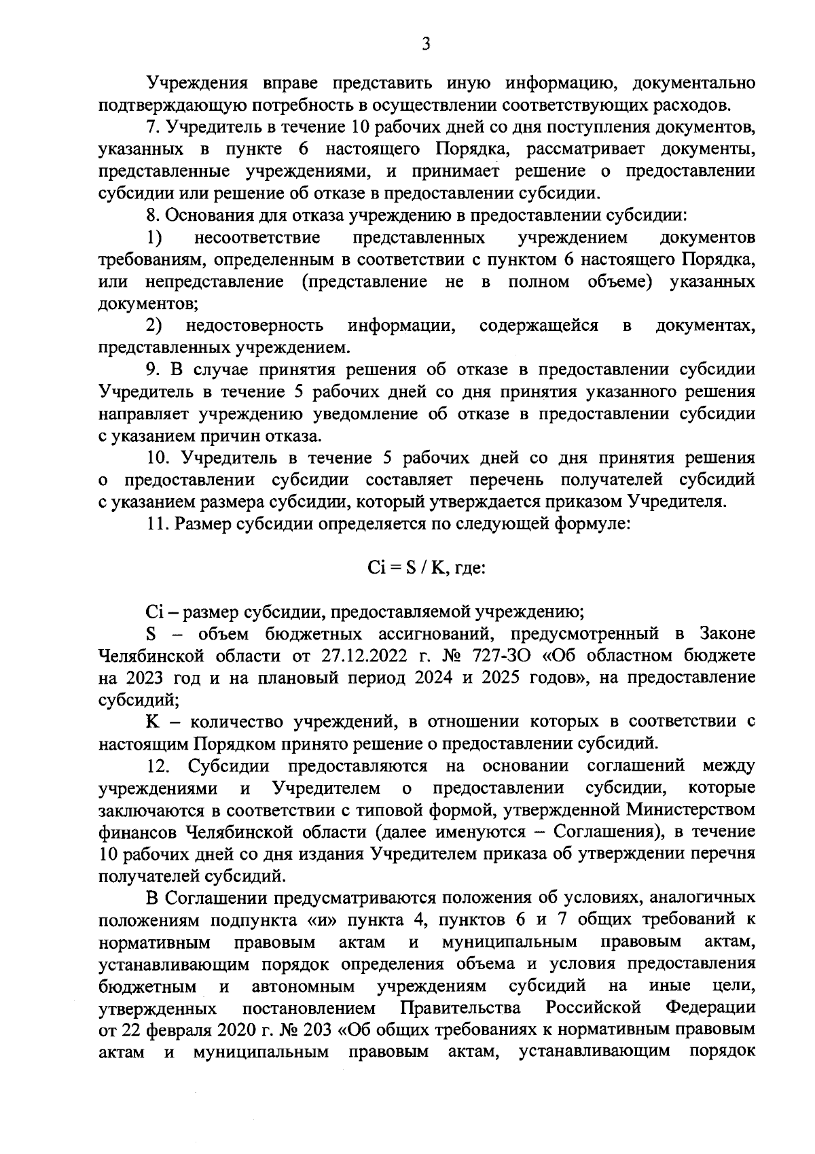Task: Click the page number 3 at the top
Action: tap(425, 44)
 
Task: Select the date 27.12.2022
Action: tap(351, 656)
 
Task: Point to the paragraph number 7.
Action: tap(152, 128)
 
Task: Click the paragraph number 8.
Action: tap(152, 215)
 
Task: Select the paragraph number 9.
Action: tap(152, 370)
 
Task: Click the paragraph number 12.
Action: tap(158, 766)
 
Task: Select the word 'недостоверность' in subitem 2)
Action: tap(255, 326)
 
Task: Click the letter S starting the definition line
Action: tap(151, 634)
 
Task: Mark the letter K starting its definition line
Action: tap(151, 721)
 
